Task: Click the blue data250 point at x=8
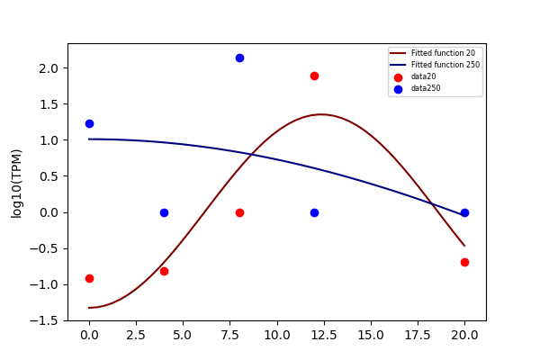click(x=239, y=58)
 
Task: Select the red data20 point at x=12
click(x=314, y=76)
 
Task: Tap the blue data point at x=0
click(x=89, y=123)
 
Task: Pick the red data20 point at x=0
click(x=89, y=278)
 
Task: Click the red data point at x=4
click(x=165, y=272)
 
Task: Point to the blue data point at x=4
click(x=165, y=213)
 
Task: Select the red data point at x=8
click(x=239, y=213)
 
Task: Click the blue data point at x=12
click(x=314, y=213)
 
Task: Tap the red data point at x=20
click(x=464, y=262)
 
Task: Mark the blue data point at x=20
click(x=464, y=213)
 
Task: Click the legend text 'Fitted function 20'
click(x=443, y=53)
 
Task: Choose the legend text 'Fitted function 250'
click(x=445, y=65)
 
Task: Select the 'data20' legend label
click(x=424, y=76)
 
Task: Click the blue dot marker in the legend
click(x=398, y=90)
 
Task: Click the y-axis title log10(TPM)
click(x=16, y=184)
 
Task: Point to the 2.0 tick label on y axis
click(x=49, y=68)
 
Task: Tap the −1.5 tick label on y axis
click(x=44, y=320)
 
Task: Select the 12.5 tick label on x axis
click(x=324, y=335)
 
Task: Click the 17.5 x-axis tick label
click(x=418, y=335)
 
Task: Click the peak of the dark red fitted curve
click(x=321, y=114)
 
